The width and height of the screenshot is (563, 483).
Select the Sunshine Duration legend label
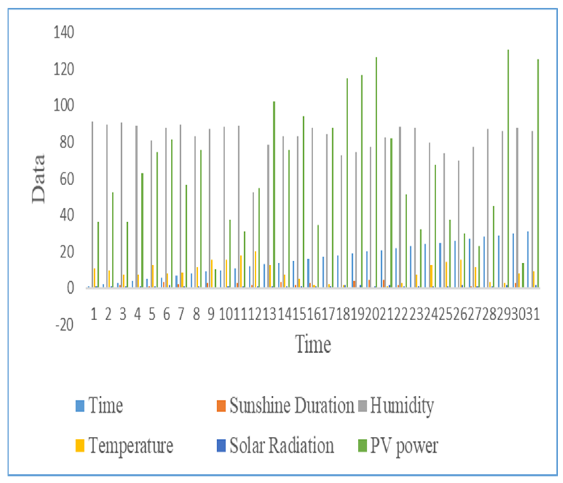click(x=291, y=406)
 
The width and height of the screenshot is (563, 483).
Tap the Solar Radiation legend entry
click(x=281, y=445)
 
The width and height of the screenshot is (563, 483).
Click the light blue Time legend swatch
click(x=80, y=406)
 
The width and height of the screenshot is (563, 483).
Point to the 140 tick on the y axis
click(x=64, y=33)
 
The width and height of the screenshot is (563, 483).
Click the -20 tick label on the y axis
click(x=65, y=325)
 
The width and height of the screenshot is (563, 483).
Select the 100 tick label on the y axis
click(x=64, y=106)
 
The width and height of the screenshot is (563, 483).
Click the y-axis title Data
click(x=38, y=179)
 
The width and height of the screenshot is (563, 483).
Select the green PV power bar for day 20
click(x=376, y=172)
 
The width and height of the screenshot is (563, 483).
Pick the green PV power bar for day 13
click(x=274, y=195)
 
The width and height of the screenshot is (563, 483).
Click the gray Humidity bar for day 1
click(x=92, y=205)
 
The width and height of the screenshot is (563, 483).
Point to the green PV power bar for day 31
click(x=538, y=172)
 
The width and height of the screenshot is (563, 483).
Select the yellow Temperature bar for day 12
click(x=255, y=270)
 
